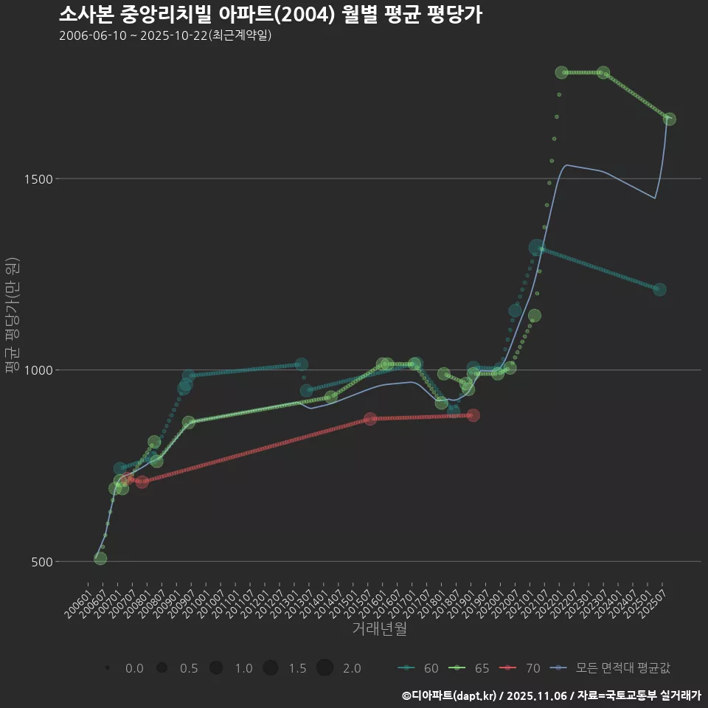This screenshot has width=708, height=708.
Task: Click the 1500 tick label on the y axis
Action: pos(61,179)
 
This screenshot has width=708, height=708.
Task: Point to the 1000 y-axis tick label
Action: pos(61,370)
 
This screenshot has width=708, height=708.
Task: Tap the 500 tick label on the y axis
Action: pos(65,561)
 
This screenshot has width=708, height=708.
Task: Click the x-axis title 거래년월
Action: pos(379,628)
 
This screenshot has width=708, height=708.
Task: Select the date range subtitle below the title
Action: pos(165,35)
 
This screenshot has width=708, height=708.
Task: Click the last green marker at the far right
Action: pos(669,119)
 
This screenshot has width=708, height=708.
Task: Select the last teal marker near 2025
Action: pos(659,290)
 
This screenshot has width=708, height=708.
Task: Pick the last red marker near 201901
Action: pos(473,415)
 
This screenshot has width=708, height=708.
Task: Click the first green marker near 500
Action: pos(100,558)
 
